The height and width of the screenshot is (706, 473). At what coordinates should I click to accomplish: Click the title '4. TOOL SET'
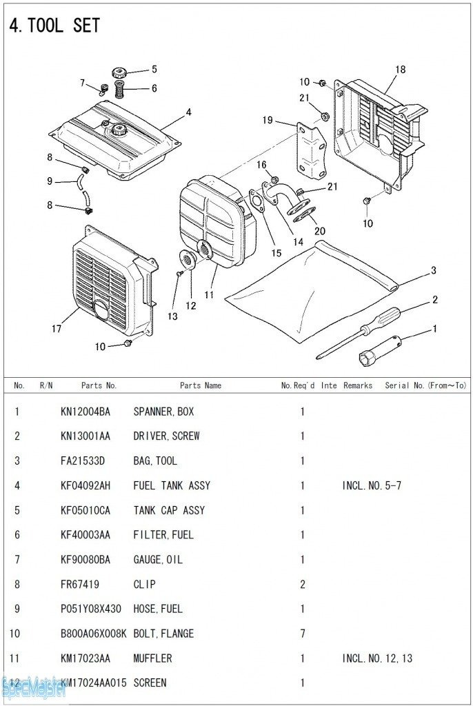pyautogui.click(x=54, y=26)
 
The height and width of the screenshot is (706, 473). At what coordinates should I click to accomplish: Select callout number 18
pyautogui.click(x=401, y=70)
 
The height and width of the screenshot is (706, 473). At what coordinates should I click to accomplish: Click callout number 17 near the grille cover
pyautogui.click(x=57, y=329)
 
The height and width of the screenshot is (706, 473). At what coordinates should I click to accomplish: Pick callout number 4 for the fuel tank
pyautogui.click(x=188, y=112)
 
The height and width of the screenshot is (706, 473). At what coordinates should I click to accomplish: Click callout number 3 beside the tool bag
pyautogui.click(x=433, y=271)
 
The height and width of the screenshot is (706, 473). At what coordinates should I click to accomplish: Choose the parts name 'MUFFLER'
pyautogui.click(x=152, y=658)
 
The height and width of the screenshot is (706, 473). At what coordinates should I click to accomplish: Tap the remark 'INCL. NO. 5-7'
pyautogui.click(x=372, y=485)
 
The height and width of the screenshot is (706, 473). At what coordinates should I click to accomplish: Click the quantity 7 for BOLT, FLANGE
pyautogui.click(x=302, y=634)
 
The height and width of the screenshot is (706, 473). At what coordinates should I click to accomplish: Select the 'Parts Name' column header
pyautogui.click(x=201, y=385)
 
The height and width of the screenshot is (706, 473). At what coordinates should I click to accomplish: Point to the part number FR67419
pyautogui.click(x=79, y=584)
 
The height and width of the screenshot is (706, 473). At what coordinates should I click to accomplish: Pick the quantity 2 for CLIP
pyautogui.click(x=302, y=584)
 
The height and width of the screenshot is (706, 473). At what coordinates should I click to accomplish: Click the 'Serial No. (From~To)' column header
pyautogui.click(x=425, y=385)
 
